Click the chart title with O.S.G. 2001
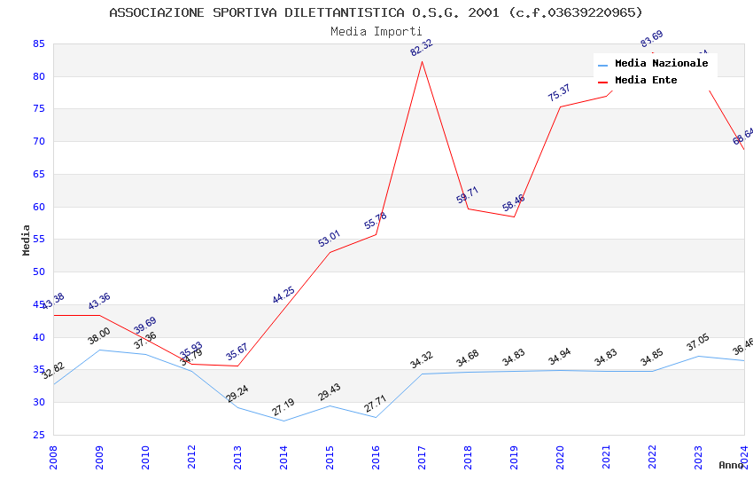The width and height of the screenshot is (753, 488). click(376, 12)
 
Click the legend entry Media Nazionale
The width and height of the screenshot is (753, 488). click(661, 64)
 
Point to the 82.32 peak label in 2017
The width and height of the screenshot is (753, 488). click(422, 48)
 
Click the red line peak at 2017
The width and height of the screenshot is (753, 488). click(422, 61)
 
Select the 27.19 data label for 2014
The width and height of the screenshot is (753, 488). click(283, 407)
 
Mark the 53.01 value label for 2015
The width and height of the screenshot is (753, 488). click(330, 238)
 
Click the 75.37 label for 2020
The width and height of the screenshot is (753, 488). click(559, 92)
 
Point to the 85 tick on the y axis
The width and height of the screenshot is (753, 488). click(38, 43)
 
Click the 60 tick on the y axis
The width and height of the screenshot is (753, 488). click(38, 207)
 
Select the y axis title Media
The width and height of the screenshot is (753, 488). click(27, 240)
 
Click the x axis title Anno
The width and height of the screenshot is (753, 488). click(731, 465)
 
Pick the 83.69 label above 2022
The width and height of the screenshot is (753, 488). click(651, 40)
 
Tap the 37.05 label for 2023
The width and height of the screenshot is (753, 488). click(698, 343)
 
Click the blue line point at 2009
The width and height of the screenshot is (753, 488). click(99, 350)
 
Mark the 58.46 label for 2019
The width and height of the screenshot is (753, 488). click(514, 203)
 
